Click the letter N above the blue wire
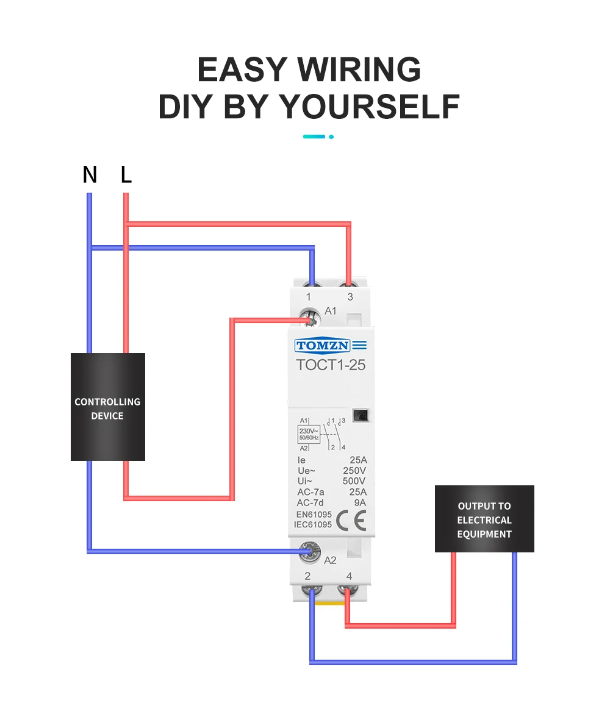(90, 175)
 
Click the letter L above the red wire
(126, 175)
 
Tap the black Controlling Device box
(108, 407)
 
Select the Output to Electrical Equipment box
(484, 519)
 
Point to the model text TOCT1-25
(330, 365)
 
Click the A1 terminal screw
(310, 317)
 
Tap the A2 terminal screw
(310, 552)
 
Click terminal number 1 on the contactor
(308, 297)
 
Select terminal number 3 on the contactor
(350, 297)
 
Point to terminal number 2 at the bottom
(307, 576)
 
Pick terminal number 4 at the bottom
(349, 576)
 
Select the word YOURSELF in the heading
(370, 107)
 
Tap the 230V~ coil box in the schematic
(308, 434)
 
